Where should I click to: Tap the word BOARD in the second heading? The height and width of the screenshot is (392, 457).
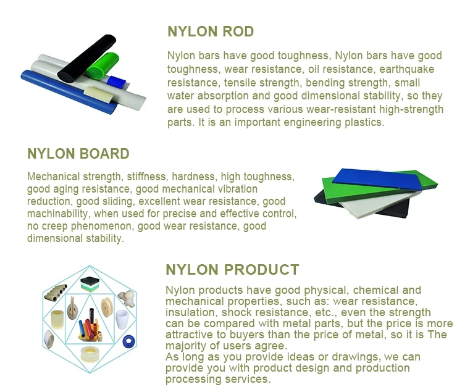[x=105, y=154]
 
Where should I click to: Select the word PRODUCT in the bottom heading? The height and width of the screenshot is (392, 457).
[x=261, y=270]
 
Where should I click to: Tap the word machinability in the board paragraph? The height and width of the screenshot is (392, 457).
[x=58, y=214]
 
